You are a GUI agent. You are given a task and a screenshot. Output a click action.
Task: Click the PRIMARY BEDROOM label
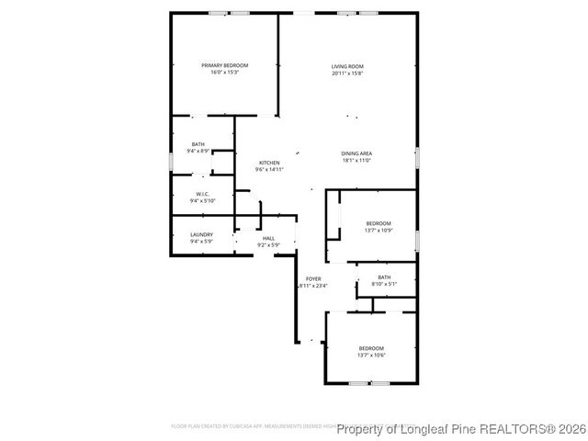(x=225, y=65)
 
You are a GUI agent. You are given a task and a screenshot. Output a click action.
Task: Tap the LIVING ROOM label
(x=348, y=66)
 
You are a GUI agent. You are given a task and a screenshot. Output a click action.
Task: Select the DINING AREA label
(x=356, y=153)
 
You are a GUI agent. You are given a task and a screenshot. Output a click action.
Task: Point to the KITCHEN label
(x=269, y=163)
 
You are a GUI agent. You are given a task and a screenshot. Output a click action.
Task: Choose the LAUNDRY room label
(x=201, y=235)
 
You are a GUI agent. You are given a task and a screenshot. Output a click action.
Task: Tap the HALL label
(x=269, y=238)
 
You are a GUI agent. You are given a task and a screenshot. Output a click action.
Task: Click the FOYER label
(x=313, y=278)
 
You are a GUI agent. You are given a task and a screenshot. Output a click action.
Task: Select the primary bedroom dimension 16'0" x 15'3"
(x=225, y=73)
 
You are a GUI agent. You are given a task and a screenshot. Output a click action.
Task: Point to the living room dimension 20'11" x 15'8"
(x=348, y=73)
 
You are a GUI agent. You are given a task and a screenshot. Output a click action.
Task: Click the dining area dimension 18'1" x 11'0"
(x=356, y=161)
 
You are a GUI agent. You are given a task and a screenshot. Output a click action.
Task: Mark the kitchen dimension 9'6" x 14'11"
(x=269, y=170)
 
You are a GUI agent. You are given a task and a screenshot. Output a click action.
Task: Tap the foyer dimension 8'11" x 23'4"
(x=313, y=286)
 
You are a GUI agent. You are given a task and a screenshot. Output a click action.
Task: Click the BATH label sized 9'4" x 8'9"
(x=198, y=144)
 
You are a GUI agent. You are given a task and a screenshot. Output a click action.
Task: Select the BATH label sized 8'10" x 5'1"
(x=384, y=277)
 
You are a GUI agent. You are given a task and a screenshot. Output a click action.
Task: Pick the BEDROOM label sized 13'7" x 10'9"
(x=379, y=223)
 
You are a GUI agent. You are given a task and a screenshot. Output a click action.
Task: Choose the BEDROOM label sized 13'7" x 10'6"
(x=371, y=348)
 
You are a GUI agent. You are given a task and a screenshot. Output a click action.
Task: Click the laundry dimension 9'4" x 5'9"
(x=201, y=243)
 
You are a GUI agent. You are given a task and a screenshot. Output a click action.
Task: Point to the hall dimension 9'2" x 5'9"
(x=269, y=245)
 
